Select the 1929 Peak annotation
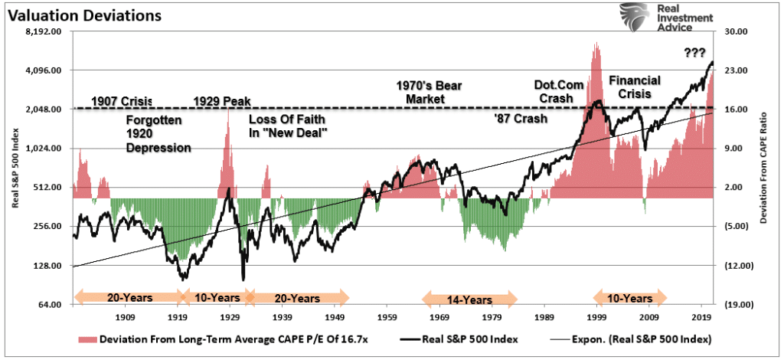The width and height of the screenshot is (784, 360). (222, 100)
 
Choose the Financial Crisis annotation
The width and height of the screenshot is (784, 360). (635, 86)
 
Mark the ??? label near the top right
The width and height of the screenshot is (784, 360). (695, 52)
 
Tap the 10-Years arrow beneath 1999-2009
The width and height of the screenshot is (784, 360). (631, 298)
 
